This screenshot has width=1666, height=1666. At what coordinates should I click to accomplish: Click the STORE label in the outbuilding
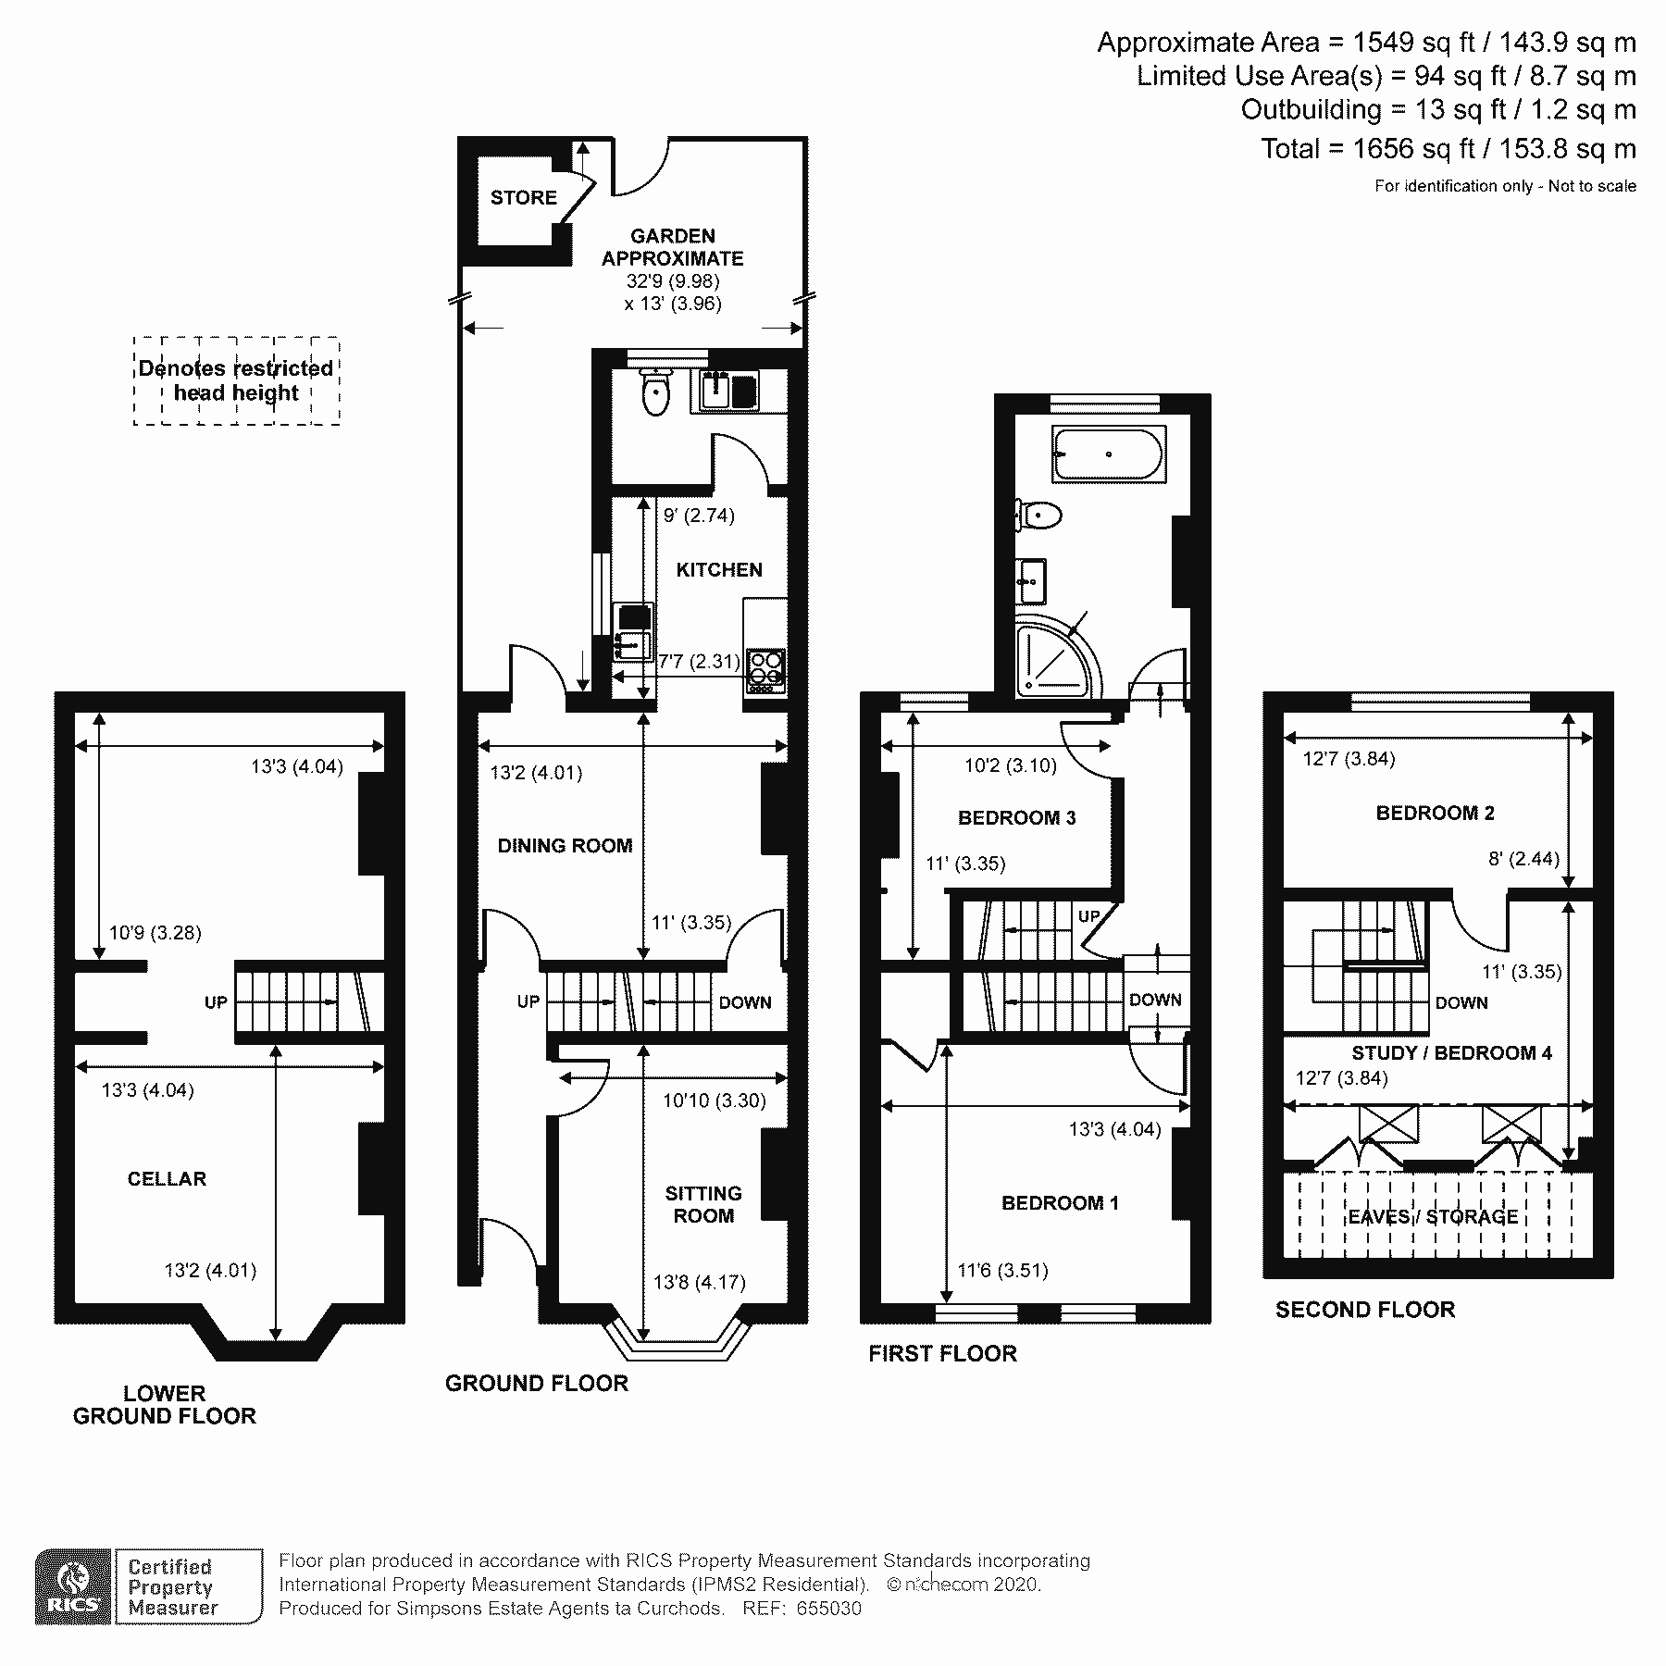point(523,197)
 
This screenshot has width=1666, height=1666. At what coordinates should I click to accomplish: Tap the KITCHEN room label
point(719,570)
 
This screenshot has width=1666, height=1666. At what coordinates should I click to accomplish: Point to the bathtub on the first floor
point(1108,454)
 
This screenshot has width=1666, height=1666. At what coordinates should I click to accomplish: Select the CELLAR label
point(167,1179)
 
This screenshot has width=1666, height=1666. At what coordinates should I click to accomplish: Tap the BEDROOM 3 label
point(1016,818)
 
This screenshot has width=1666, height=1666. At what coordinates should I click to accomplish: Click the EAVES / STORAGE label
point(1433,1217)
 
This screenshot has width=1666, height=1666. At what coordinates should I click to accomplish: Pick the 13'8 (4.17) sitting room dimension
point(699,1282)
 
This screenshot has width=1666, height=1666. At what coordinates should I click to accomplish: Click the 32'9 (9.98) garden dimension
point(673,281)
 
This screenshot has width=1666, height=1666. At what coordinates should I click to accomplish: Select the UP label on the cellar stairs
point(216,1002)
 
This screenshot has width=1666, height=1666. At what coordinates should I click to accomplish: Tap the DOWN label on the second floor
point(1461,1002)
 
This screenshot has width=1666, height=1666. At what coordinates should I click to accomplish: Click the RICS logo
point(73,1586)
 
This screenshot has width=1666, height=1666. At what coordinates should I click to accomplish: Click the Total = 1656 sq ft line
point(1448,149)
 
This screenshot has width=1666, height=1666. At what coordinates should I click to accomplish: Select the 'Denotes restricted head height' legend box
point(236,380)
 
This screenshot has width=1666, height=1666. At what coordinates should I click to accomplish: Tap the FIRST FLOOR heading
point(942,1353)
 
